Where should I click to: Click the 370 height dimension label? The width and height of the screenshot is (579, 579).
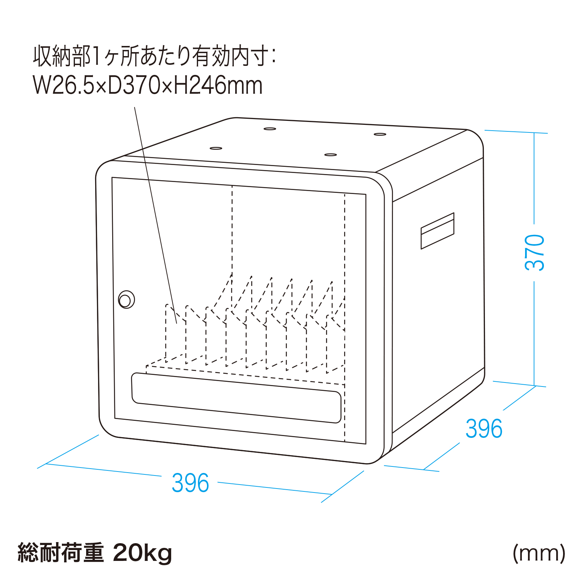click(534, 253)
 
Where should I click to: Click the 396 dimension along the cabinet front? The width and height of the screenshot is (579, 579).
click(190, 483)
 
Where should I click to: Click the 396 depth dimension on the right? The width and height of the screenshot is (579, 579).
click(484, 428)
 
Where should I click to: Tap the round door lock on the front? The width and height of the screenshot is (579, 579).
click(126, 300)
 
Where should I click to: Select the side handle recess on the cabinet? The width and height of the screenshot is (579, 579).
click(437, 231)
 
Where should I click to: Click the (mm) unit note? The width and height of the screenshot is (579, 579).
click(539, 553)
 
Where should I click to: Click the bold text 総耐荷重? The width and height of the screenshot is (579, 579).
click(61, 553)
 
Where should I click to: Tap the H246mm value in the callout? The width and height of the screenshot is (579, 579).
click(218, 85)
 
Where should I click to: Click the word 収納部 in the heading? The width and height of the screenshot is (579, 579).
click(62, 56)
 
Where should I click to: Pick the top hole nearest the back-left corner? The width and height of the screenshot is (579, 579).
click(270, 128)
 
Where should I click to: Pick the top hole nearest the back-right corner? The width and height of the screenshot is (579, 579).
click(380, 134)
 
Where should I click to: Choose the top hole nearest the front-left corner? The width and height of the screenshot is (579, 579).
click(216, 148)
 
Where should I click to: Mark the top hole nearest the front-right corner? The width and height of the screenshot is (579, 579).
click(330, 155)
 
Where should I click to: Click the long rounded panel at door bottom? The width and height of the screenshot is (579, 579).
click(236, 398)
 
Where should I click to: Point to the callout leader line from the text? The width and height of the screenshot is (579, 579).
click(156, 215)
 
